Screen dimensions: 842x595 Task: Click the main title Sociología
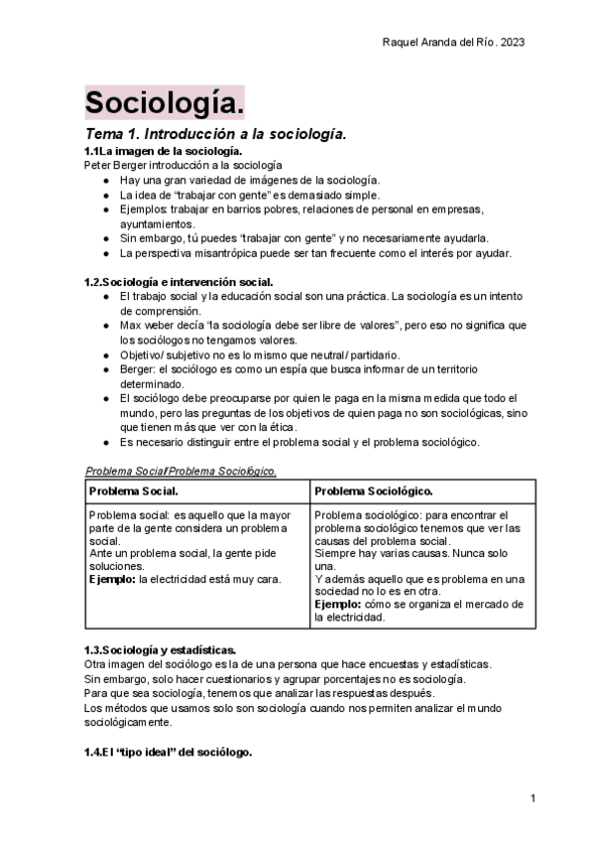(x=164, y=102)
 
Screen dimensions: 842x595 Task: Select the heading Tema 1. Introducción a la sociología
(x=215, y=133)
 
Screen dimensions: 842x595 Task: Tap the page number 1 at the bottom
(x=533, y=798)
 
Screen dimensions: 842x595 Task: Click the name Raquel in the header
(x=403, y=42)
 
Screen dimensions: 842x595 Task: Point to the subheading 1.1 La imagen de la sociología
(x=164, y=150)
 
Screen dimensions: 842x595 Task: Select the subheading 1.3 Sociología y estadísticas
(x=160, y=649)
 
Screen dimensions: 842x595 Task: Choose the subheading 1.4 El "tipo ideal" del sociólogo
(x=168, y=753)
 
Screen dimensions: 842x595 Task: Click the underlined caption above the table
(x=180, y=471)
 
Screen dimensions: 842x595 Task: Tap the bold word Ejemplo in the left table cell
(x=112, y=578)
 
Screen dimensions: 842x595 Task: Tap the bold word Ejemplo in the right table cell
(x=338, y=604)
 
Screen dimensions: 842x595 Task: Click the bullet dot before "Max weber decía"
(x=106, y=326)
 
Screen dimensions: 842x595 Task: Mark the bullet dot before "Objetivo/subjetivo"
(x=106, y=354)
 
